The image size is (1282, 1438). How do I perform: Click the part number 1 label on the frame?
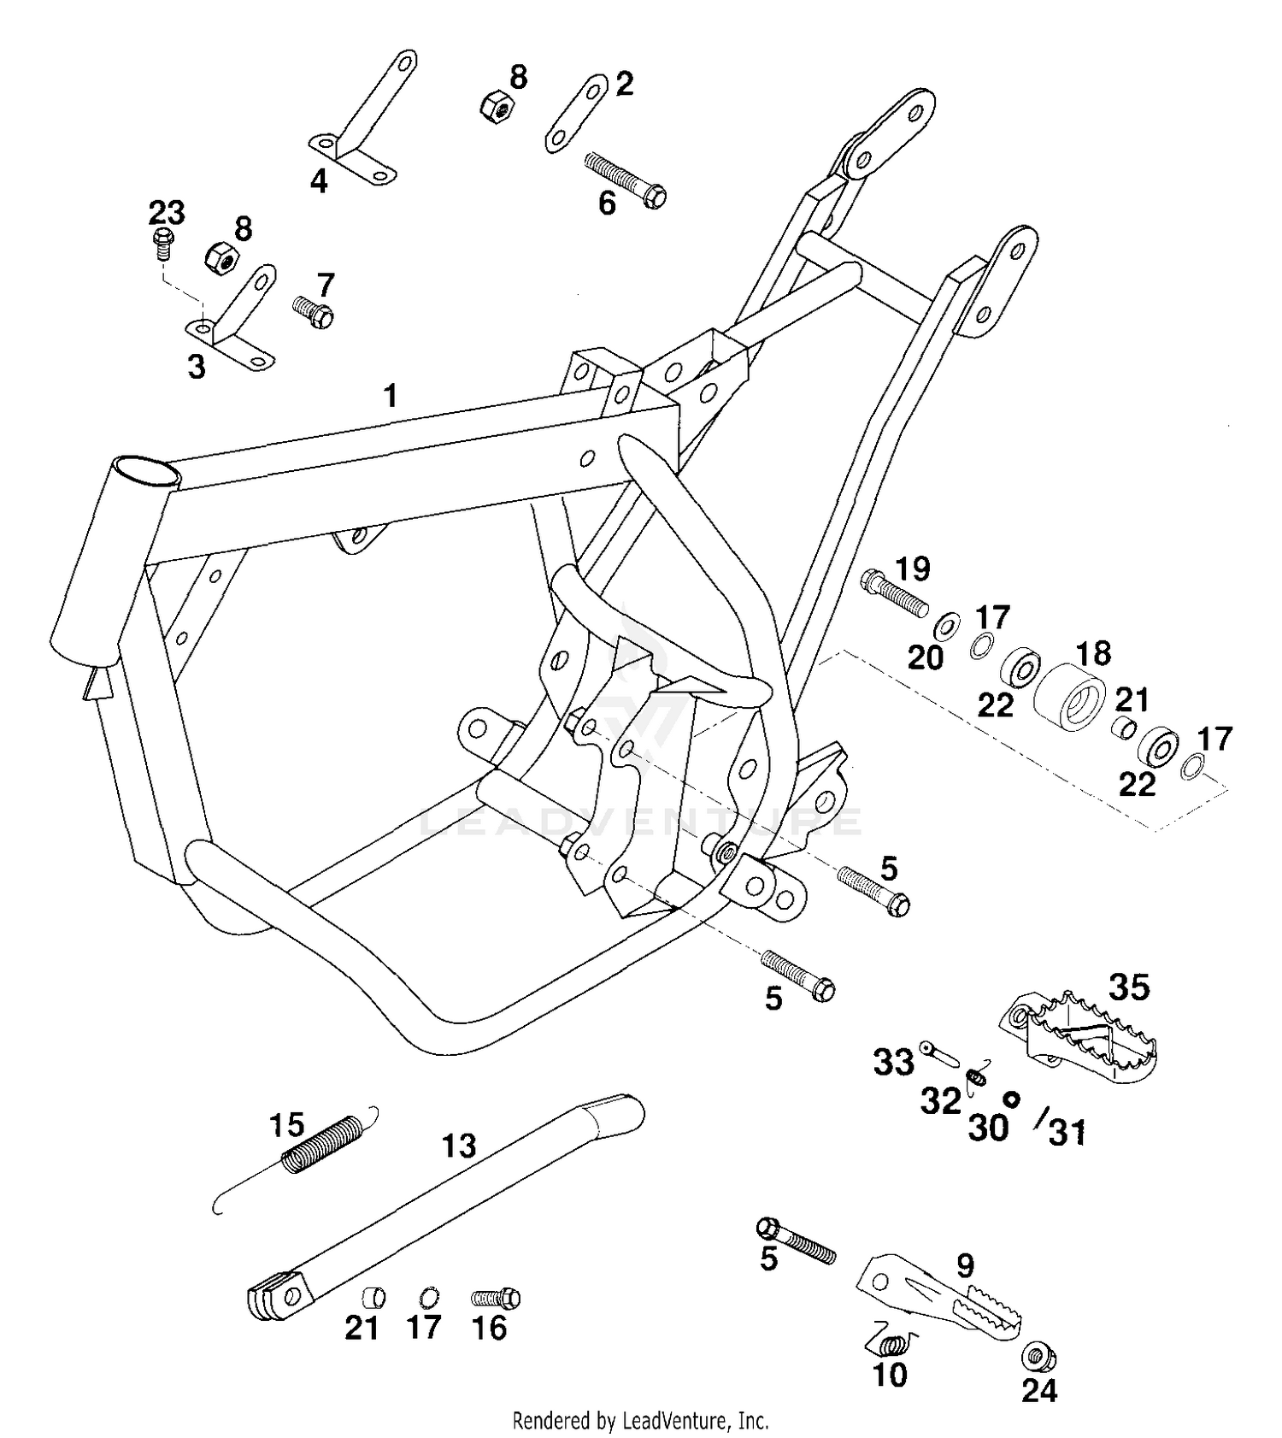coord(391,396)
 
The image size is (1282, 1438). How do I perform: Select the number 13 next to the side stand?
coord(459,1146)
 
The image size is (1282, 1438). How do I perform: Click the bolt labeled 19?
coord(893,592)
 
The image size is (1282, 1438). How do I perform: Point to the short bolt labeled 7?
coord(313,312)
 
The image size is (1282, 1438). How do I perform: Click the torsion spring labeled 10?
coord(893,1343)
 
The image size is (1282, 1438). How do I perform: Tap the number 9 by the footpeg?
coord(965,1265)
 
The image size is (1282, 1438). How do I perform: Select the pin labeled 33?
coord(938,1052)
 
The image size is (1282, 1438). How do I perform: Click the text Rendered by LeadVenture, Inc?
coord(640,1421)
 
